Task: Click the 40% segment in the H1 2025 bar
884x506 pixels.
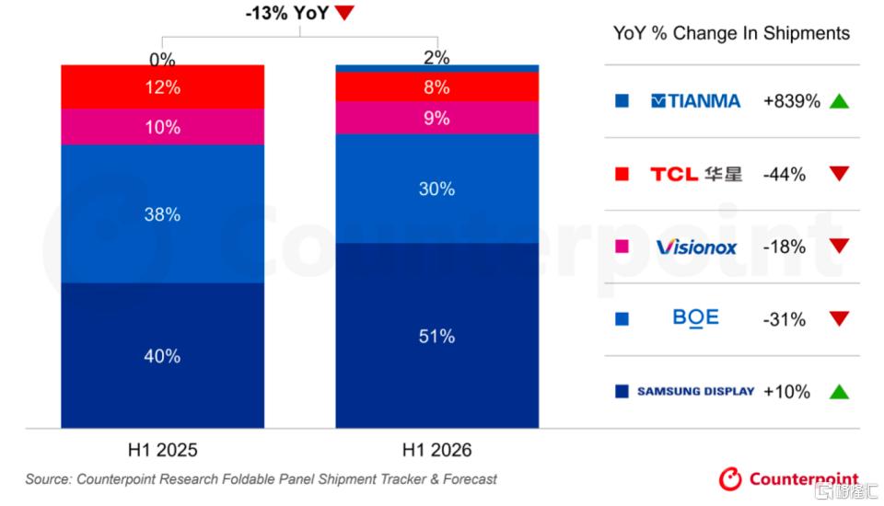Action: pos(162,355)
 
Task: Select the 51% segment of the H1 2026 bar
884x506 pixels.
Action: pos(436,335)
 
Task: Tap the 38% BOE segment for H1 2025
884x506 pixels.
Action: pos(162,213)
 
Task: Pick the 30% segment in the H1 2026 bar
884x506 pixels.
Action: pos(436,189)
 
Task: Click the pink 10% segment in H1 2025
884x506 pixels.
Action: pos(162,127)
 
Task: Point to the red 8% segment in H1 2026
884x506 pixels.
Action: pos(436,86)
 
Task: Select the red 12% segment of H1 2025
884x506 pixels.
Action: pos(162,86)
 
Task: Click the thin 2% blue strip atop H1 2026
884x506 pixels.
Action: pos(436,68)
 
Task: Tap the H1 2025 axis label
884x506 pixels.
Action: pos(162,450)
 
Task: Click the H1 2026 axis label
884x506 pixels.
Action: pos(436,450)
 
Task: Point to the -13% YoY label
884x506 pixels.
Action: pos(287,12)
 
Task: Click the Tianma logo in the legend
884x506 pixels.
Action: pos(695,101)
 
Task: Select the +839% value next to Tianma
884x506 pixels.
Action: pos(792,101)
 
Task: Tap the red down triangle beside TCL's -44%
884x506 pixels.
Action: pos(839,173)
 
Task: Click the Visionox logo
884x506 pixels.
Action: pos(696,247)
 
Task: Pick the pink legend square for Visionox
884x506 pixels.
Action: pos(622,247)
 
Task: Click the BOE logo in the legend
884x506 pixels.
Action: pos(696,318)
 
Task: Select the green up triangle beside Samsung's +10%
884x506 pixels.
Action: pos(839,391)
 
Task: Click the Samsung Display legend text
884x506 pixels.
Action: pos(696,391)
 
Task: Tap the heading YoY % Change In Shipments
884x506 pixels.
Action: pos(731,33)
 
